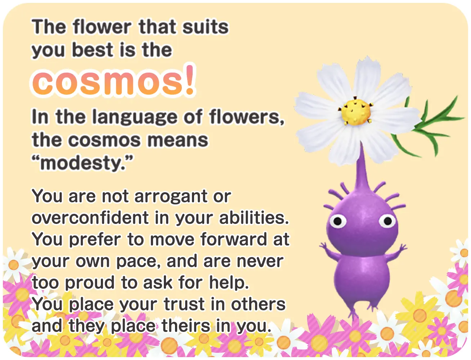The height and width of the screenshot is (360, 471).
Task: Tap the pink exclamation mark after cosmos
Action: tap(190, 80)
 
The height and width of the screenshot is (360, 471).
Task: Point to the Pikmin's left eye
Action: tap(338, 221)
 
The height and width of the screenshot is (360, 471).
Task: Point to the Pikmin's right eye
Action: tap(387, 221)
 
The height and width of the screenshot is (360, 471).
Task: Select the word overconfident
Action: tap(90, 217)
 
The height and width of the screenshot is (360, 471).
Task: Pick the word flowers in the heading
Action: tap(247, 117)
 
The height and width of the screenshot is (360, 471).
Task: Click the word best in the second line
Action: tap(93, 50)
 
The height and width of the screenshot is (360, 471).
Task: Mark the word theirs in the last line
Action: tap(185, 326)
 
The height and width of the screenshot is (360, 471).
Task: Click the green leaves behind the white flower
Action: tap(427, 127)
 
